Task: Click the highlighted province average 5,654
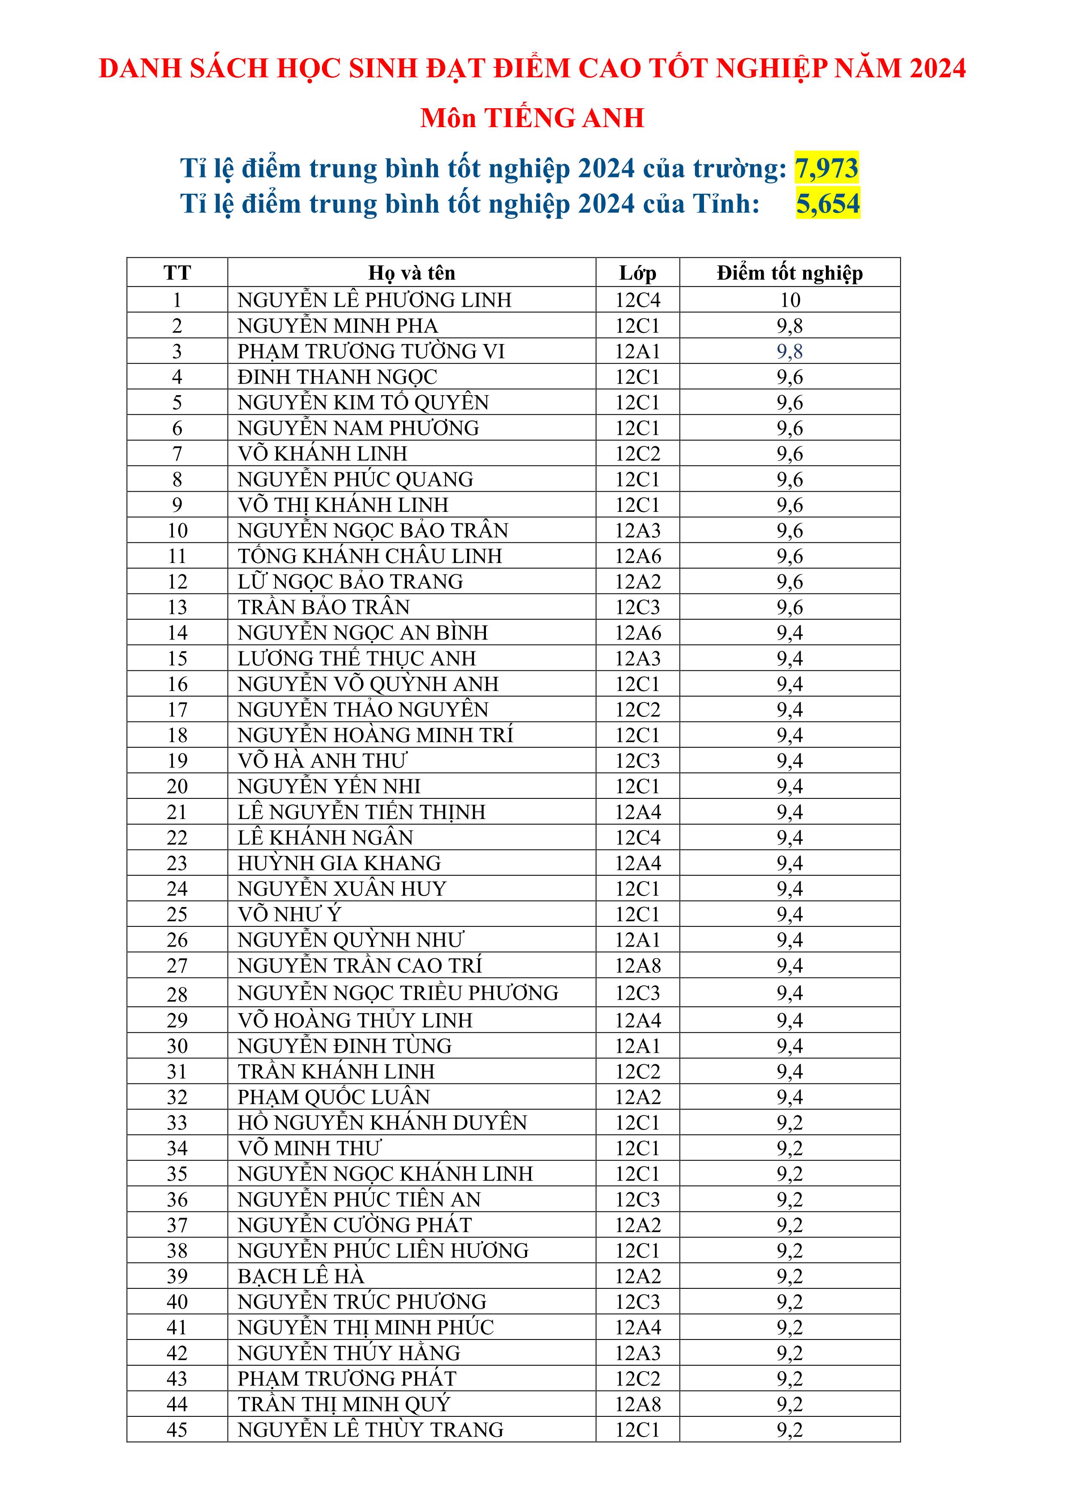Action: tap(828, 204)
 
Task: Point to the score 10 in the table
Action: tap(790, 300)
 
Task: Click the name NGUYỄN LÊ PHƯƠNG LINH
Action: tap(374, 300)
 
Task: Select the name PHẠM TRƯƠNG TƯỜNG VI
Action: tap(371, 351)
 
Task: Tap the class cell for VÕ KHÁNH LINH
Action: tap(637, 454)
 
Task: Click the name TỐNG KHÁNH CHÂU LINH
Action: tap(370, 556)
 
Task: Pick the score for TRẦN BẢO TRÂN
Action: tap(790, 607)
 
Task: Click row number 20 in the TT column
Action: tap(177, 786)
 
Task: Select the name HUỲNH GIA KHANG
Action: tap(339, 863)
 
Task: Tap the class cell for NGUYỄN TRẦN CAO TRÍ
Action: tap(637, 965)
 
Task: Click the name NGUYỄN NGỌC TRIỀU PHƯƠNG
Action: tap(397, 993)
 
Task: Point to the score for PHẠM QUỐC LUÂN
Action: tap(790, 1097)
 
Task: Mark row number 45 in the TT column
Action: tap(177, 1430)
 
